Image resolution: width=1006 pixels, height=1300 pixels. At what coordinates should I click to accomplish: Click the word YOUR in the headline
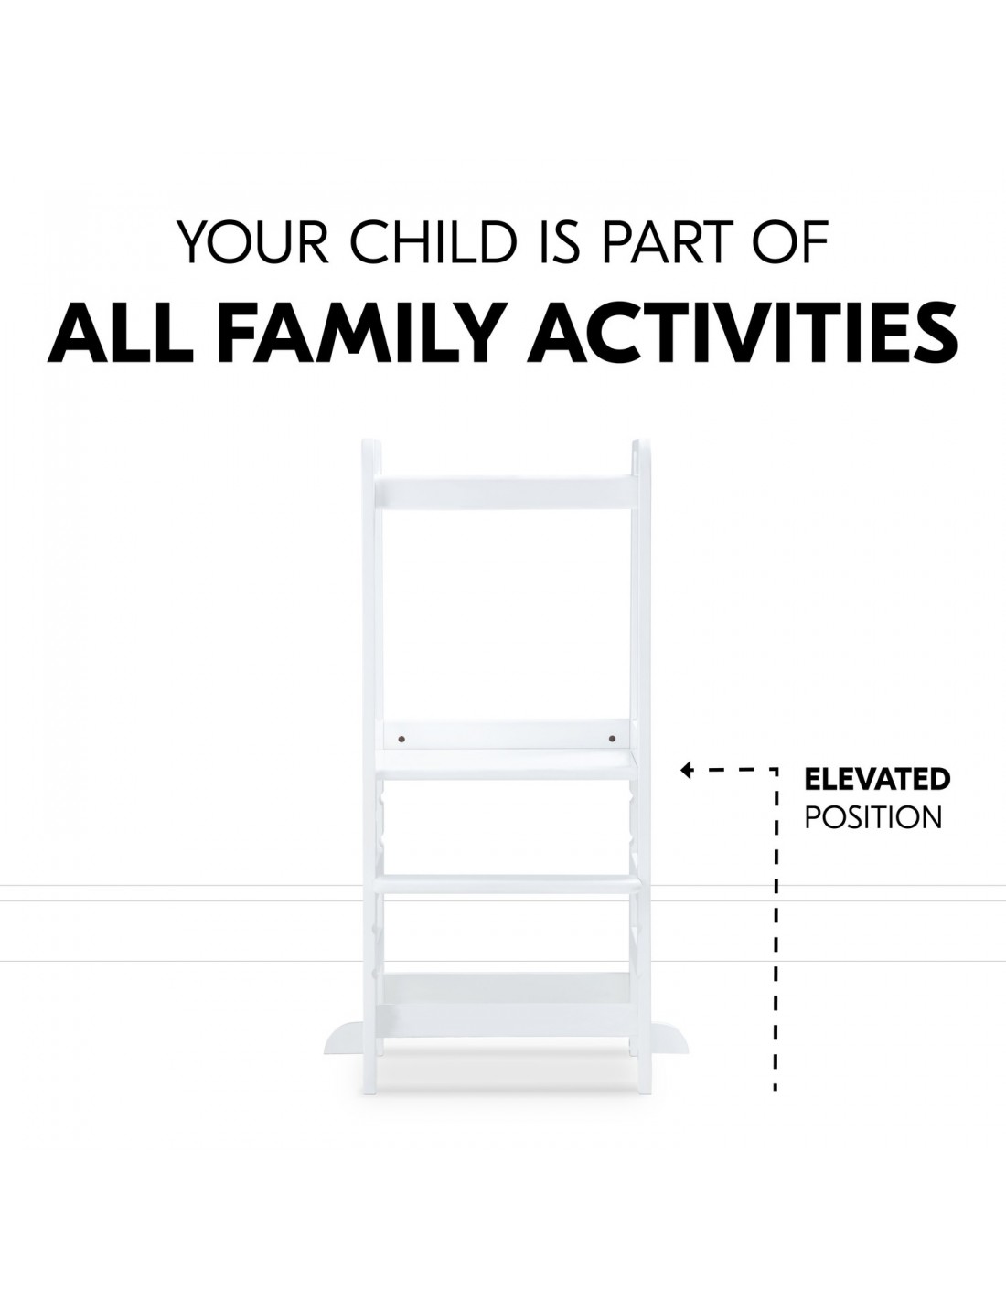pos(254,243)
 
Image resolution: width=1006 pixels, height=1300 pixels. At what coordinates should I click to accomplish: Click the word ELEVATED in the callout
pos(877,779)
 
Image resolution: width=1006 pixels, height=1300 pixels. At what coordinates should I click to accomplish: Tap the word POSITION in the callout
pos(873,817)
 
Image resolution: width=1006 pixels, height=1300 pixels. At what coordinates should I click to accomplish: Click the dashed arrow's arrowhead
pos(687,770)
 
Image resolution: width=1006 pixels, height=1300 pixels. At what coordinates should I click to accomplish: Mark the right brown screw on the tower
pos(612,740)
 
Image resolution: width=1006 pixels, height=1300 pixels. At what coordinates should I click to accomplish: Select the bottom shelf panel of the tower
pos(506,996)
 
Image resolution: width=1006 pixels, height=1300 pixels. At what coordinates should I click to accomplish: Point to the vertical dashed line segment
pos(776,930)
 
